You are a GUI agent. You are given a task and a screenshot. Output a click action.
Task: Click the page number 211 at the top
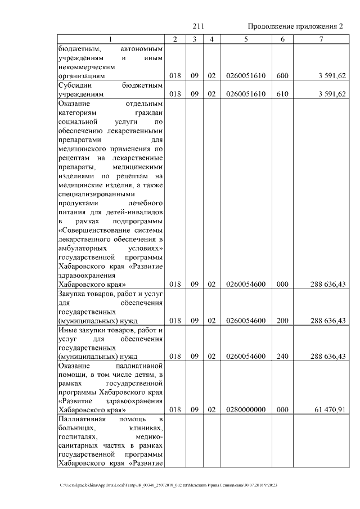[x=197, y=26]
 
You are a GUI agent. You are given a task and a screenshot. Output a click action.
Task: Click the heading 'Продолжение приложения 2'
[x=295, y=26]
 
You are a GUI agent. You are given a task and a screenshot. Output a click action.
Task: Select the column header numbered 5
[x=246, y=39]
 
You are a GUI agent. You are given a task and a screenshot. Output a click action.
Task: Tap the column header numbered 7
[x=321, y=39]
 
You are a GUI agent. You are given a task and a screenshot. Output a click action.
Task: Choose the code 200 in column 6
[x=282, y=321]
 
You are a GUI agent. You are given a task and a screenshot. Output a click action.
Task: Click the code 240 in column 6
[x=282, y=357]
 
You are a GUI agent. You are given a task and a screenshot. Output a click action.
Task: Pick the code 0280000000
[x=246, y=411]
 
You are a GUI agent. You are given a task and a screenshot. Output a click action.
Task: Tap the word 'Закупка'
[x=73, y=294]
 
